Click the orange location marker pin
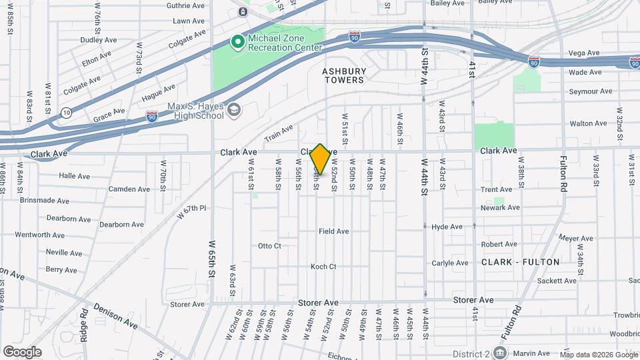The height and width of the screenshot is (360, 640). coord(320,159)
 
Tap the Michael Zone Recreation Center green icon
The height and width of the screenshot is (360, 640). coord(237,43)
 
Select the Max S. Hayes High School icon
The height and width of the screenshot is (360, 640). coord(233,110)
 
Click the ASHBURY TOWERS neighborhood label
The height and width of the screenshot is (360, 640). coord(344,75)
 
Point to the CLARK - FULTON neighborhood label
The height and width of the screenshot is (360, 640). coord(521,262)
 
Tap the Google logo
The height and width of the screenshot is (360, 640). coord(22,351)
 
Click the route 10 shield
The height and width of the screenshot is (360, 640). coord(66,112)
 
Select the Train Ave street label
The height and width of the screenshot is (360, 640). coord(279,134)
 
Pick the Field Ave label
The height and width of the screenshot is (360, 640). coord(334,231)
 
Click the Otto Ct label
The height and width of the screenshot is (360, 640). coord(269,246)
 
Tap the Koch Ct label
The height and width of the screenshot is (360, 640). coord(323,267)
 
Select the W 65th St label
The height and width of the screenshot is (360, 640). coord(212,259)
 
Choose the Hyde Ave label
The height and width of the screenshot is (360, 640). coord(447,227)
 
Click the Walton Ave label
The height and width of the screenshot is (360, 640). coord(588,123)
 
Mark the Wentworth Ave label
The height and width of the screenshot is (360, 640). coord(39,235)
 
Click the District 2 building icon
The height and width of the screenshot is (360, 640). coord(501,352)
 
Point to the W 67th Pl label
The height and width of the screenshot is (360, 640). coord(192,212)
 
